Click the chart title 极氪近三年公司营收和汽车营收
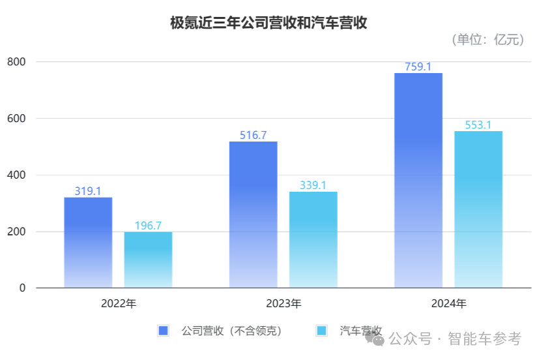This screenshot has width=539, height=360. pos(269,23)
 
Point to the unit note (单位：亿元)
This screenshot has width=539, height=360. pos(488,40)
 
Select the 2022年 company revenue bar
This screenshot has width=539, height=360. pos(88,242)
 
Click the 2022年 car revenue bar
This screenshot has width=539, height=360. pos(148,260)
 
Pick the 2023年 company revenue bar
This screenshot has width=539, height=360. pos(254,215)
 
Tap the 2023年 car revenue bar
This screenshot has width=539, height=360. pos(313,239)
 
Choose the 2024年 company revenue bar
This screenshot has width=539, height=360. pos(418,180)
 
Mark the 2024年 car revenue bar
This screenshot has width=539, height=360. pos(478,209)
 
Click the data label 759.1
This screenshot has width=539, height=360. pos(418,67)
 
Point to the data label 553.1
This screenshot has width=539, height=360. pos(478,125)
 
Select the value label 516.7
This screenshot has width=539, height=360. pos(254,135)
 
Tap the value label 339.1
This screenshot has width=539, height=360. pos(313,185)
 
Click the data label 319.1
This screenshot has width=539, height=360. pos(88,191)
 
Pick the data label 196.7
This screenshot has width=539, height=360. pos(148,226)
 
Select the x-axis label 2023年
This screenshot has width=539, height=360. pos(284,303)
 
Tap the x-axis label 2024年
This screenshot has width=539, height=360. pos(448,303)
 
